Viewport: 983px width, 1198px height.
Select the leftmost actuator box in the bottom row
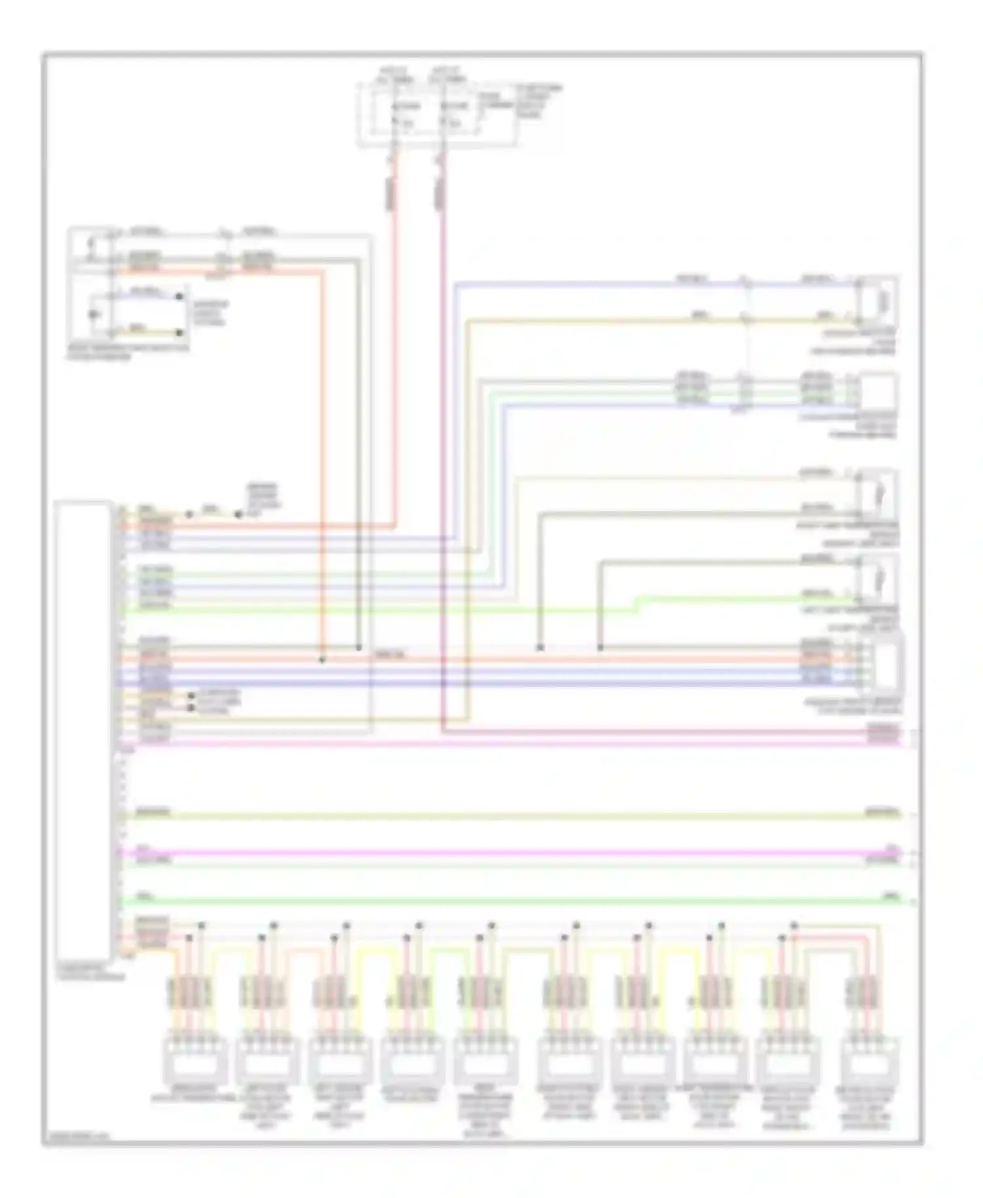190,1060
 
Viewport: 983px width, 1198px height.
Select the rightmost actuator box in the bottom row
872,1060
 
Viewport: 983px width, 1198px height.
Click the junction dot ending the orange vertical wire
322,660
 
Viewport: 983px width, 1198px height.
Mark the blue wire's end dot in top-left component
179,296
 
